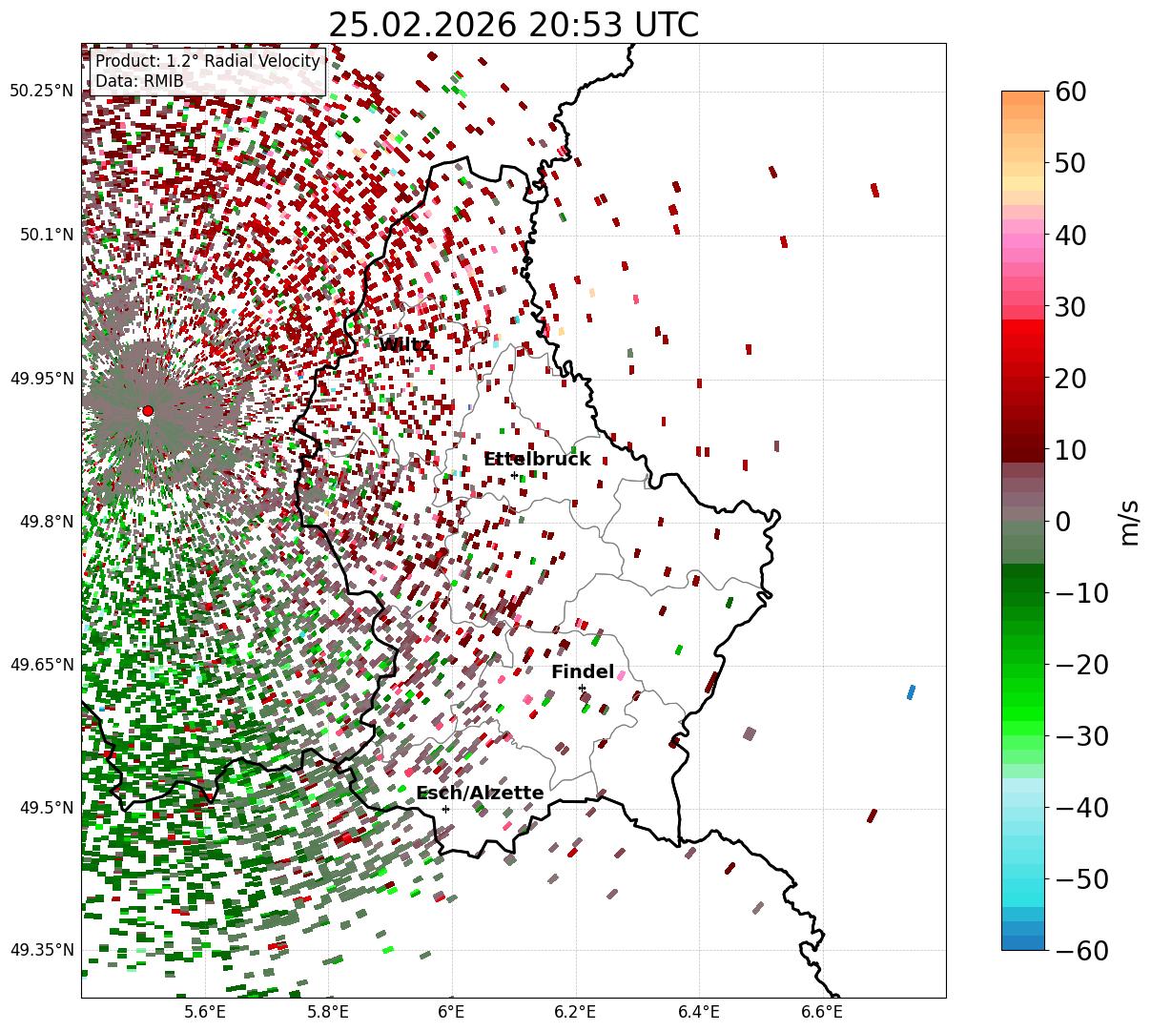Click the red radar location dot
coord(147,411)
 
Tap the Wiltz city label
coord(404,344)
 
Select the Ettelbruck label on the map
coord(537,460)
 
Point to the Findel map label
coord(582,672)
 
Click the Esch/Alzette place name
coord(480,794)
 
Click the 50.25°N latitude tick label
coord(41,92)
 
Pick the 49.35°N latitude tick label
coord(41,950)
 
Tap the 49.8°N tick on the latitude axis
coord(45,522)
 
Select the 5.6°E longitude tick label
coord(205,1012)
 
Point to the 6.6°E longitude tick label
coord(822,1012)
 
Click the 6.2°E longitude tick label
coord(575,1012)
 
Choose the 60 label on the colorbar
coord(1070,93)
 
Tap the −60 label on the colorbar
coord(1080,950)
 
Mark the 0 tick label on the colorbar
coord(1061,522)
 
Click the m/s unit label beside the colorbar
coord(1130,522)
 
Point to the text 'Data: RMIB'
coord(139,81)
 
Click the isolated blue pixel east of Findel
coord(911,691)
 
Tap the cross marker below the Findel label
coord(582,688)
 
